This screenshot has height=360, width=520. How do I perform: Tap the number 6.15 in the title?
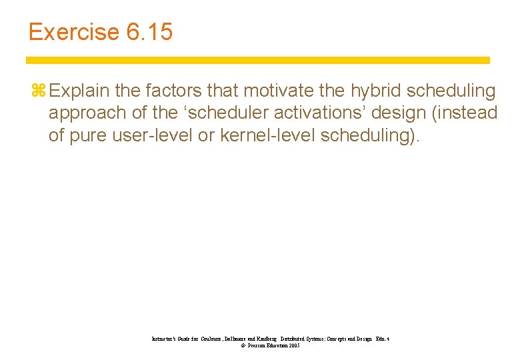[148, 33]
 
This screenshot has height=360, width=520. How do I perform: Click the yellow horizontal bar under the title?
[259, 60]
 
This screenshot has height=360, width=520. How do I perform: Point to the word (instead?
[465, 113]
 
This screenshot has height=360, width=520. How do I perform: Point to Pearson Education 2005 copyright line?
[270, 346]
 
